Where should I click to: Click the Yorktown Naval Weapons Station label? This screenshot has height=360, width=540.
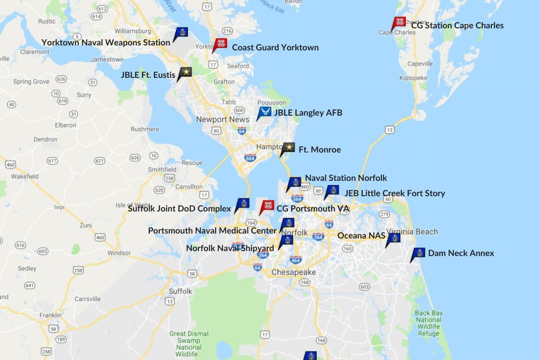(x=106, y=42)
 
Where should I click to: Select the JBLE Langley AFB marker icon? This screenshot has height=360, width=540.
(x=264, y=112)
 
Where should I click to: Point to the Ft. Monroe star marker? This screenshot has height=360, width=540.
(x=288, y=148)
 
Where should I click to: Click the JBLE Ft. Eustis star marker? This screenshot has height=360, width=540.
(x=185, y=72)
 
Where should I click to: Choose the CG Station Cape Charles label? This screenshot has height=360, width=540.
(x=457, y=26)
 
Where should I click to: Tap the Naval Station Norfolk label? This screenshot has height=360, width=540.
(x=346, y=178)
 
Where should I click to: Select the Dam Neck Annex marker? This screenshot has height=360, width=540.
(x=418, y=253)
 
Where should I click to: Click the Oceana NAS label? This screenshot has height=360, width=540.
(x=361, y=236)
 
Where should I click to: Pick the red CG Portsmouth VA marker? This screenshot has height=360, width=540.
(x=267, y=206)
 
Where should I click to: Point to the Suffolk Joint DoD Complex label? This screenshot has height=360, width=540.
(x=179, y=208)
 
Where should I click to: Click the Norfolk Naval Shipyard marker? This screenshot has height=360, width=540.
(x=287, y=240)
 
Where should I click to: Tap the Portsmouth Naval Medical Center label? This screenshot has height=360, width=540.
(x=212, y=231)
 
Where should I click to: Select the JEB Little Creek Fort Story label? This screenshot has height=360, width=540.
(x=395, y=193)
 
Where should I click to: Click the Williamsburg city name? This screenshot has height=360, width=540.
(x=133, y=31)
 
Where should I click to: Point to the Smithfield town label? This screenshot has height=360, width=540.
(x=162, y=170)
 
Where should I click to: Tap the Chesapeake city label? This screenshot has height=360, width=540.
(x=293, y=272)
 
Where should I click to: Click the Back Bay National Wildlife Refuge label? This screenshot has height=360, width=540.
(x=428, y=323)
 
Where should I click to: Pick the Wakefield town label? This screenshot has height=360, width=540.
(x=25, y=176)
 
